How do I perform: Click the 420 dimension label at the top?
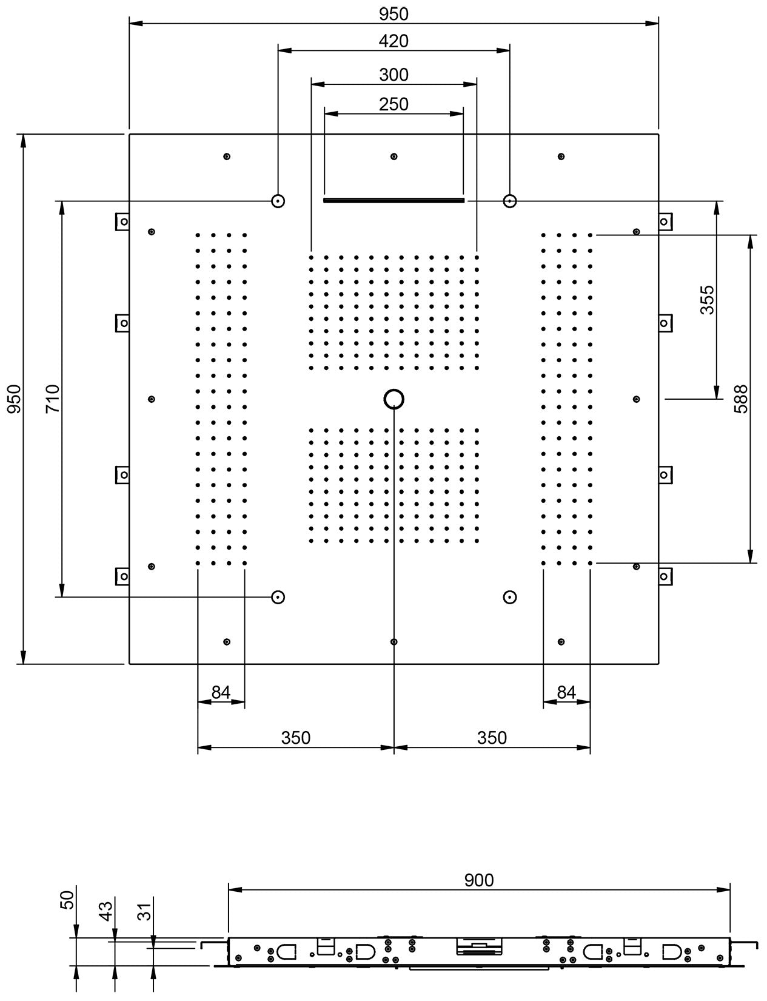point(394,41)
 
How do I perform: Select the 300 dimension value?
point(394,75)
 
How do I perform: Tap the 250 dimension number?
point(394,104)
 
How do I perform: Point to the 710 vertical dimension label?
point(53,399)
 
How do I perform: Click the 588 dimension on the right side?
point(741,399)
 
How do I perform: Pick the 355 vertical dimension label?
point(707,300)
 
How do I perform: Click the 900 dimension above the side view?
point(479,880)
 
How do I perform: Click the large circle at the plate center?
point(394,399)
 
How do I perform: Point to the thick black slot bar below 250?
point(394,200)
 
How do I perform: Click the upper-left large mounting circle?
point(278,201)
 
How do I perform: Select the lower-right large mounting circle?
point(510,597)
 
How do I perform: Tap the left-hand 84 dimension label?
point(221,692)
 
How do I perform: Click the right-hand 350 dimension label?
point(492,738)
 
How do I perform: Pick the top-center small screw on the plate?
point(394,157)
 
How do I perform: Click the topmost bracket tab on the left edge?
point(122,221)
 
